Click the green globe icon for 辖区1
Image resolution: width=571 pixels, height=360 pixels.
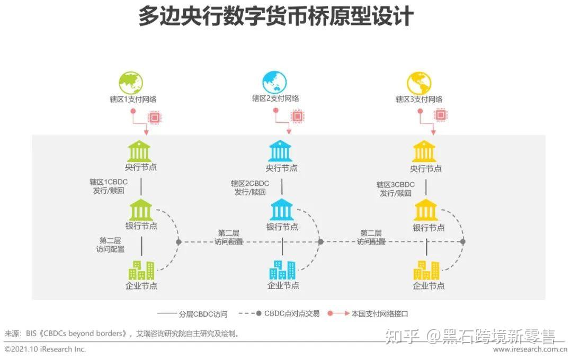(x=130, y=83)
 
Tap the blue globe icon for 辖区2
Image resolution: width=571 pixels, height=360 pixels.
(x=274, y=83)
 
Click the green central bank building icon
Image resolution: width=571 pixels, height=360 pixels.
(x=140, y=151)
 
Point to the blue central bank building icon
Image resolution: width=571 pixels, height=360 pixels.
(x=281, y=151)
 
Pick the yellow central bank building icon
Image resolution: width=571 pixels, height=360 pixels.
(x=425, y=151)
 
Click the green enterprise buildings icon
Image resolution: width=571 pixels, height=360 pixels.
(x=141, y=270)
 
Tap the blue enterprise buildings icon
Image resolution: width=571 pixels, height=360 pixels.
(x=282, y=270)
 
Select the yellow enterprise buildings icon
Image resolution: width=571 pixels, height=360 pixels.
(x=426, y=270)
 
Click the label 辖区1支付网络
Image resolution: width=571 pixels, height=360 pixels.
(x=130, y=99)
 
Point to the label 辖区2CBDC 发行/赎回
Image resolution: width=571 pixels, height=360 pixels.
(x=249, y=188)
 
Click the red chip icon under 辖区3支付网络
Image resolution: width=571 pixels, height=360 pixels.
(x=441, y=115)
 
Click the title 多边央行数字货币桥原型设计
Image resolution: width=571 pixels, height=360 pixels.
(x=275, y=17)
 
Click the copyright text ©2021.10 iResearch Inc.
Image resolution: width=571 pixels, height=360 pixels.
(x=46, y=349)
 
